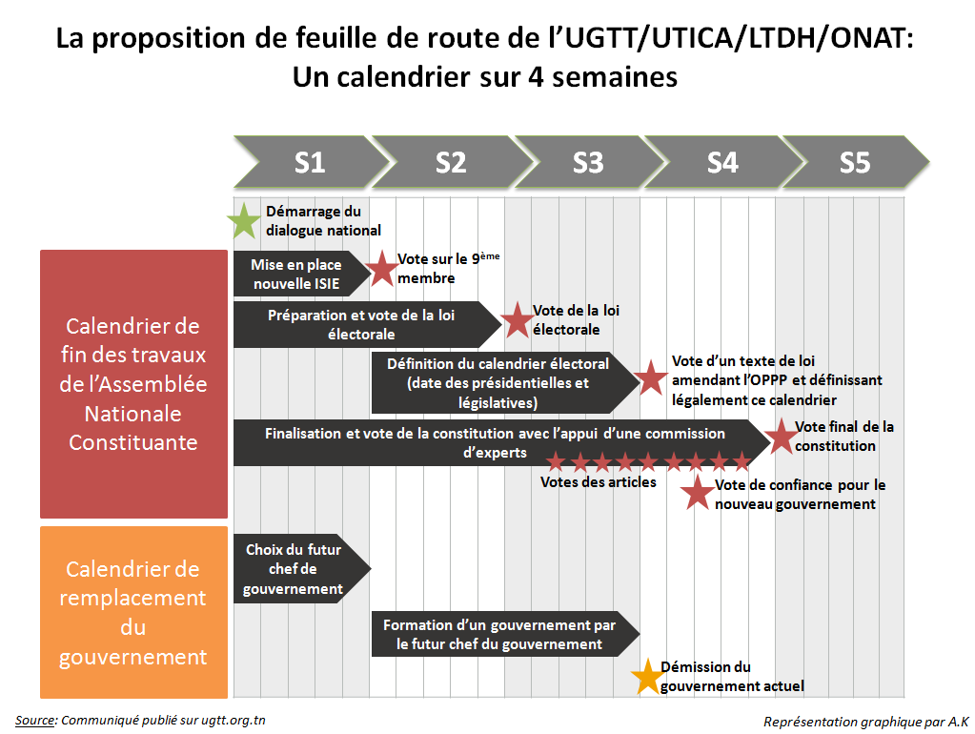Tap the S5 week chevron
(854, 162)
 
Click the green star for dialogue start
(244, 221)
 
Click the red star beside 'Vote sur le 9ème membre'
(382, 269)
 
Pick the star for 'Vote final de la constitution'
(781, 436)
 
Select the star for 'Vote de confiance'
(698, 493)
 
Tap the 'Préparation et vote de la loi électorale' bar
(362, 324)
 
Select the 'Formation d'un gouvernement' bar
(499, 635)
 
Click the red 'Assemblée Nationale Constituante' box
(133, 384)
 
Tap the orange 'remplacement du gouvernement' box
(133, 613)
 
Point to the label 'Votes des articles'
(598, 482)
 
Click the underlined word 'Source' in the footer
(35, 720)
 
